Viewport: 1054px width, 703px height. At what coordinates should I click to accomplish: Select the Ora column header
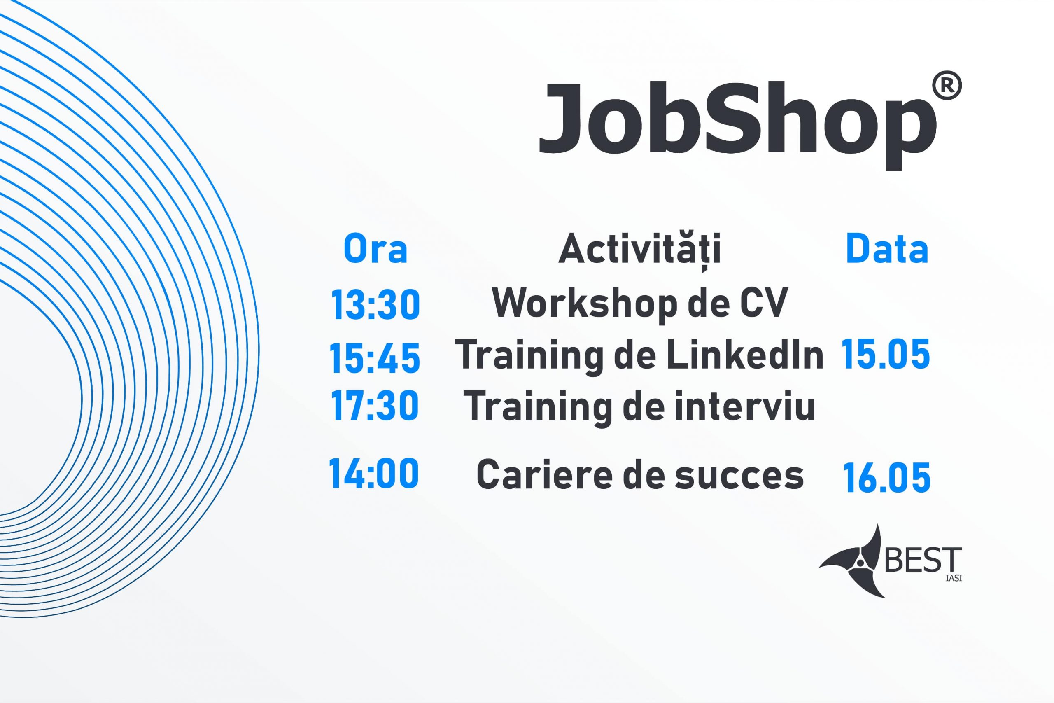coord(375,248)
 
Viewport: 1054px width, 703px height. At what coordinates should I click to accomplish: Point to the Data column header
coord(887,248)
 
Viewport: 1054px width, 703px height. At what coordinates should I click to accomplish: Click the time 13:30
coord(375,304)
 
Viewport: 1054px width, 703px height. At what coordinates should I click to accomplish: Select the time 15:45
coord(375,357)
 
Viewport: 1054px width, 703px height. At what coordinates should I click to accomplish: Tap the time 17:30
coord(375,406)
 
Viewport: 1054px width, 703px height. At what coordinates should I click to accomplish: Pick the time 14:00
coord(374,473)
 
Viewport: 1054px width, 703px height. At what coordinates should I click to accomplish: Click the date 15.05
coord(886,354)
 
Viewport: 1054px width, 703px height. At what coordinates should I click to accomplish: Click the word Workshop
coord(584,304)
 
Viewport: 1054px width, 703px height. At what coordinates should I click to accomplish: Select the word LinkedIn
coord(745,355)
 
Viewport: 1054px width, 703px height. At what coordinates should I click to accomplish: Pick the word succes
coord(739,476)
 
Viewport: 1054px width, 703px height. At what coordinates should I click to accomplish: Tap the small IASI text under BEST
coord(954,578)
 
